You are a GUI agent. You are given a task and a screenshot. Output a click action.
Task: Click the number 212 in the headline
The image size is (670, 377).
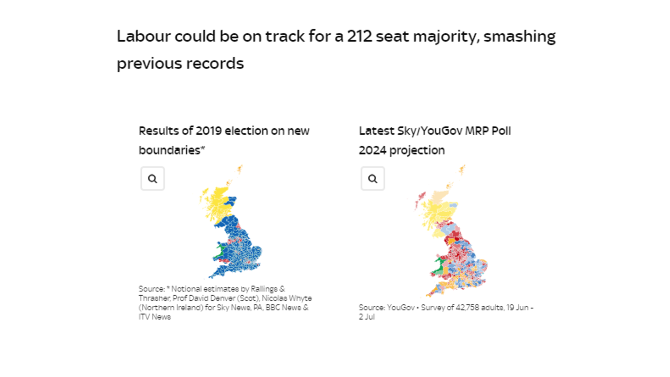tap(359, 36)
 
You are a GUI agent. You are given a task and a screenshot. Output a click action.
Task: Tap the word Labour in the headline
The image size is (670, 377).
tap(143, 36)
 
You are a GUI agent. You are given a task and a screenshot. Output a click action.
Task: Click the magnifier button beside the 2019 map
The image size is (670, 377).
tap(152, 179)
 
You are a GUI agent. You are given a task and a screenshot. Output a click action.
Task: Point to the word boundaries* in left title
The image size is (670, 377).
tap(171, 150)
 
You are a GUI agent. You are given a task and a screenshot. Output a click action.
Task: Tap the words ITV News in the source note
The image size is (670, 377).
tap(154, 317)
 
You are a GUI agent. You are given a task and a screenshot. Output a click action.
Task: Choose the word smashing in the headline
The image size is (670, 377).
tap(520, 36)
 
